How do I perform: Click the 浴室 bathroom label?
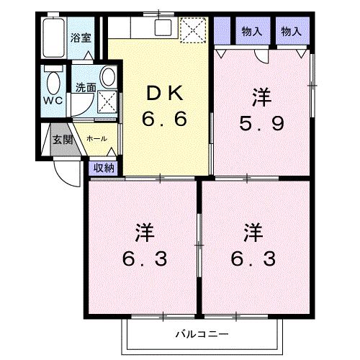coord(80,37)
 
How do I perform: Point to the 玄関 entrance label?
coord(62,139)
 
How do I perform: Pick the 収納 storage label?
coord(104,168)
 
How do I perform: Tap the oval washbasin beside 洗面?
coord(107,76)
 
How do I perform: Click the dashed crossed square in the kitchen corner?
coord(193,31)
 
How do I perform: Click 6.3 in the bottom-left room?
coord(144,257)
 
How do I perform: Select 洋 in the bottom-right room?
coord(251,232)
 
